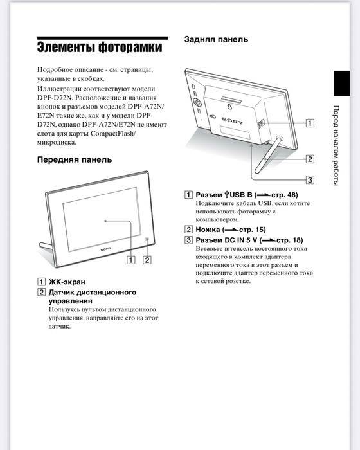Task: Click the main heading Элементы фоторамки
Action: (x=98, y=48)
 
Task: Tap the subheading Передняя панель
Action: (x=74, y=159)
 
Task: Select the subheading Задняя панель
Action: (x=216, y=40)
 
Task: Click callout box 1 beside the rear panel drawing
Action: (x=310, y=122)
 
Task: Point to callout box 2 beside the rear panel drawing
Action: (x=310, y=159)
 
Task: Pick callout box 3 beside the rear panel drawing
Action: (x=310, y=179)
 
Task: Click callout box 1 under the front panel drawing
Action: (x=131, y=260)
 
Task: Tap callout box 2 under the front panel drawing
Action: (x=147, y=260)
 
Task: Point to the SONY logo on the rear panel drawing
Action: (x=232, y=120)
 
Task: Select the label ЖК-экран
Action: (x=67, y=282)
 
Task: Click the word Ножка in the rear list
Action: (x=208, y=230)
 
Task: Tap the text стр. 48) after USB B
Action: (x=283, y=195)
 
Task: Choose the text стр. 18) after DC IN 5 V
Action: (x=289, y=240)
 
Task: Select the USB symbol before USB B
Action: (x=228, y=195)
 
